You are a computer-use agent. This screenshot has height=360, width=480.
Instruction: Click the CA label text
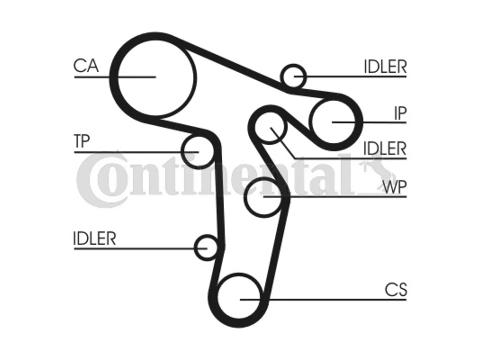click(x=86, y=66)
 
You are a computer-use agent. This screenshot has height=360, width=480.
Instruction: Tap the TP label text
click(x=82, y=141)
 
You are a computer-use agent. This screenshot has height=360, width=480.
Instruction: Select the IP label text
click(x=400, y=113)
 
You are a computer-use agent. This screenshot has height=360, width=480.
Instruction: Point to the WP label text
click(x=395, y=187)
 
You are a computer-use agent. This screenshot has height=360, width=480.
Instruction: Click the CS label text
click(x=396, y=290)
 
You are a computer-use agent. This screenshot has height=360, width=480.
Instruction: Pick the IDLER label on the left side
click(x=94, y=238)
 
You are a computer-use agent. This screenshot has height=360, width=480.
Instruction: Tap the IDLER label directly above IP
click(x=385, y=67)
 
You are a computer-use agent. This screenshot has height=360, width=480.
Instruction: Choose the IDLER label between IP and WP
click(x=385, y=148)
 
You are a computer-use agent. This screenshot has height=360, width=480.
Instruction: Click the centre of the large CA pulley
click(x=156, y=78)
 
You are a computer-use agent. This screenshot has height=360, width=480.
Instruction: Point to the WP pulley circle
click(x=244, y=197)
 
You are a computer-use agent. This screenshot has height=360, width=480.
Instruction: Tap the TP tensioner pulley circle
click(x=182, y=151)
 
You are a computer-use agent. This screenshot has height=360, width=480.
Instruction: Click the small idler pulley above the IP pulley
click(x=293, y=65)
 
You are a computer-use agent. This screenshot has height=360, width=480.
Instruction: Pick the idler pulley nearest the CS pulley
click(x=195, y=248)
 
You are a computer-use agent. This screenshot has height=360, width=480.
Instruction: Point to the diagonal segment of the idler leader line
click(x=282, y=143)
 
